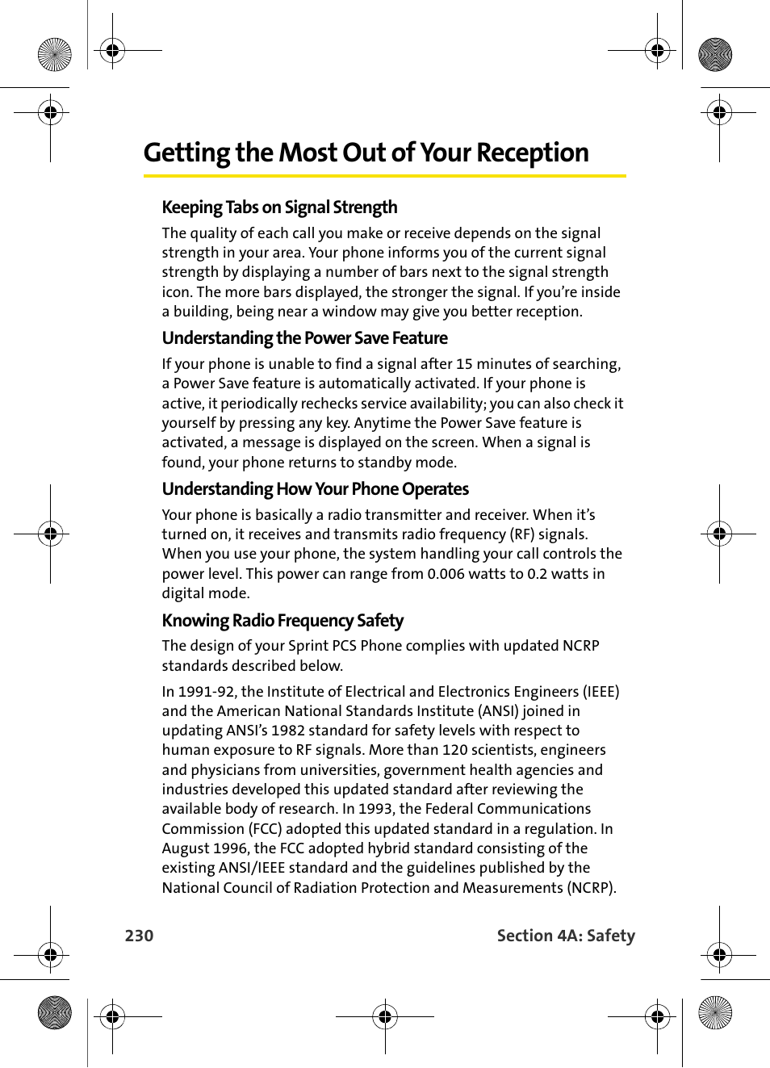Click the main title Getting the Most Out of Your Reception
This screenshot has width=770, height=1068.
[366, 153]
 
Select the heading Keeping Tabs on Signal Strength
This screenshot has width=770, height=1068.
[279, 207]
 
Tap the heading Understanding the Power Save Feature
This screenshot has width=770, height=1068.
[304, 338]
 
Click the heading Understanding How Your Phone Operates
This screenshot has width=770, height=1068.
[315, 489]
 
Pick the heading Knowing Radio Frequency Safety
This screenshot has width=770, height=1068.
[282, 621]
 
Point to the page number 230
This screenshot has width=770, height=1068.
[139, 936]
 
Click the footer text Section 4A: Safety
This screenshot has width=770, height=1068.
[566, 936]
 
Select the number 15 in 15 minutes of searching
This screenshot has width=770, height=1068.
[464, 364]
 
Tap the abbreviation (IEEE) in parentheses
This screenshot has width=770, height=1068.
[601, 692]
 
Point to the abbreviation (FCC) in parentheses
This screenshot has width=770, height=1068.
[265, 829]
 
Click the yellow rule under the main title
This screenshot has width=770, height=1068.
[384, 175]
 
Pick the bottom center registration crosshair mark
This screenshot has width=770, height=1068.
[385, 1017]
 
